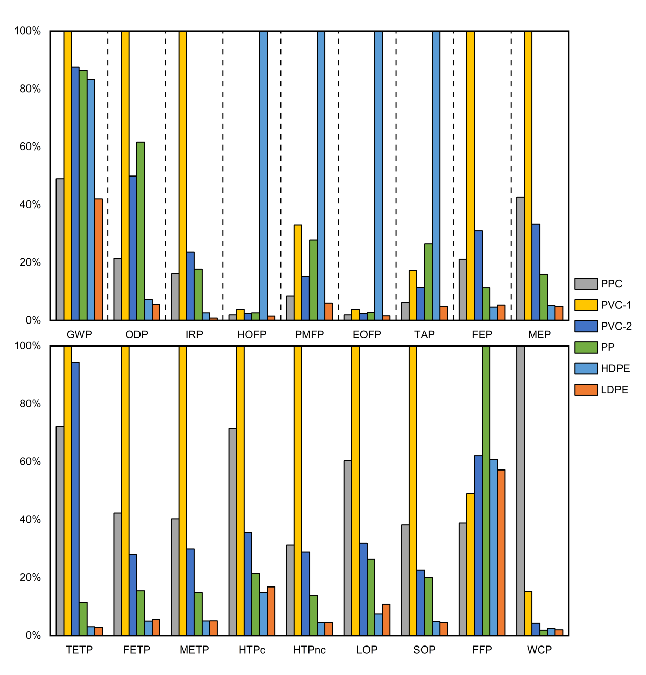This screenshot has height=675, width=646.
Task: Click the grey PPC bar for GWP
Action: [x=60, y=249]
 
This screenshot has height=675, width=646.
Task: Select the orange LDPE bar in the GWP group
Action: [x=98, y=259]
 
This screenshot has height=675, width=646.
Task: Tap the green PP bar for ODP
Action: [x=141, y=231]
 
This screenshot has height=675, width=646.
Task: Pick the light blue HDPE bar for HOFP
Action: [x=263, y=175]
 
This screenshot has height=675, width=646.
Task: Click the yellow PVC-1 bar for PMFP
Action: [x=298, y=273]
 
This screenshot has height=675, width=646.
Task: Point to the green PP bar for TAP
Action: [x=428, y=282]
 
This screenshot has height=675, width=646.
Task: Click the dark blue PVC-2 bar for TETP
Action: [x=75, y=498]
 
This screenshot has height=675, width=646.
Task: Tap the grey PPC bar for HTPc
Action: [x=233, y=532]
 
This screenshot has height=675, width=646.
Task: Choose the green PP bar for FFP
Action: [x=486, y=490]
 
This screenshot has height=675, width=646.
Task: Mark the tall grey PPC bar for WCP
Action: [x=520, y=490]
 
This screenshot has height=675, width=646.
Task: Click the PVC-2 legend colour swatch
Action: [x=585, y=326]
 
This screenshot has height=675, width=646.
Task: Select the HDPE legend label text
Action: [x=615, y=368]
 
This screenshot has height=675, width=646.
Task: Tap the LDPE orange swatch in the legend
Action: [x=585, y=390]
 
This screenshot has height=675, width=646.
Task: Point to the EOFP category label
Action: [x=367, y=334]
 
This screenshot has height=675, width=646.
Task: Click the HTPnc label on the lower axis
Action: [x=309, y=650]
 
